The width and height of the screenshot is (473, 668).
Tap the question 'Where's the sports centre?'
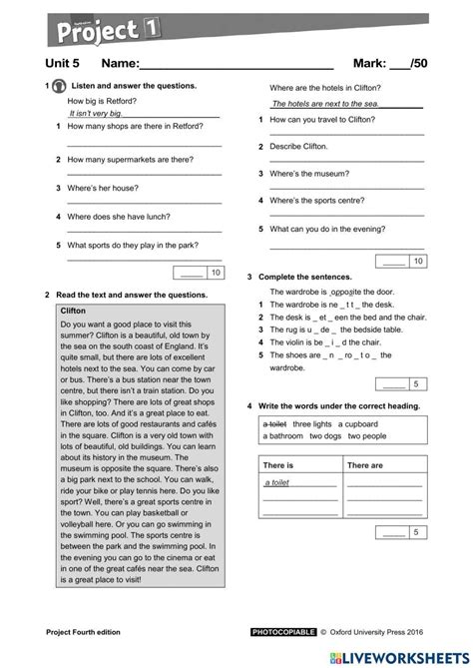(x=323, y=200)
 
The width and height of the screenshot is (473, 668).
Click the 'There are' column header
(x=364, y=465)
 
